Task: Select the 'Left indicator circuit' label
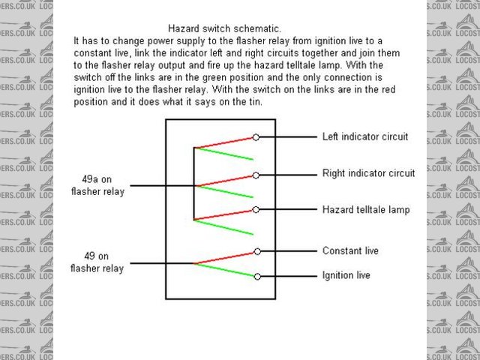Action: tap(364, 137)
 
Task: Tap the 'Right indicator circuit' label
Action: tap(368, 173)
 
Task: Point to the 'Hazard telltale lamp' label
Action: tap(366, 210)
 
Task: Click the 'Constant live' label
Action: tap(350, 250)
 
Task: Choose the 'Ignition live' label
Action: tap(346, 275)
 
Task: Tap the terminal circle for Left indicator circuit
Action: tap(256, 137)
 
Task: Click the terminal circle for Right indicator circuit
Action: tap(256, 175)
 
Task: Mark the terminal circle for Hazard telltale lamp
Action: tap(256, 210)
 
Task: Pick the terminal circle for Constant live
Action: tap(256, 251)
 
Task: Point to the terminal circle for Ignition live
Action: tap(256, 276)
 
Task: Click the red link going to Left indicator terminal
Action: tap(225, 142)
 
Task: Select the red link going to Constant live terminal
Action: tap(225, 257)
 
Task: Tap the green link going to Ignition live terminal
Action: tap(225, 270)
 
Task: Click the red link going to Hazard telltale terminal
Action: tap(225, 215)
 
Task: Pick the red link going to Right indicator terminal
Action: tap(225, 180)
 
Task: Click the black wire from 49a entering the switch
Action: tap(162, 185)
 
